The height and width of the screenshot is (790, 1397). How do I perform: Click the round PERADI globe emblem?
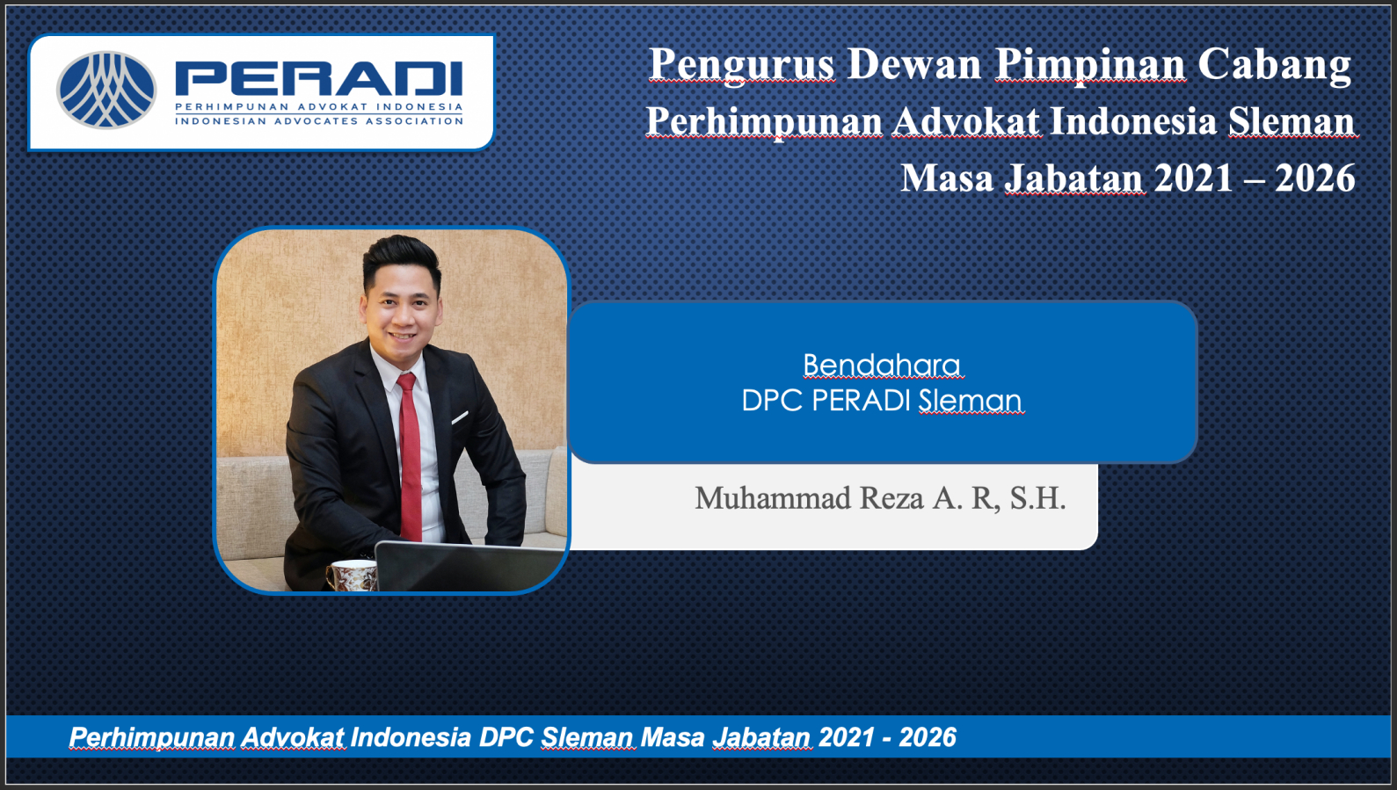point(106,90)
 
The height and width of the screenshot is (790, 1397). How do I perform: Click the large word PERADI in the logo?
point(318,78)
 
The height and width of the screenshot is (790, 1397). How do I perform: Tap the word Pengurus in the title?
point(741,65)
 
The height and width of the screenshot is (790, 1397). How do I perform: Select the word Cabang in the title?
point(1275,65)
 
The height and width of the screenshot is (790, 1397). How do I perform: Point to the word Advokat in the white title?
point(966,121)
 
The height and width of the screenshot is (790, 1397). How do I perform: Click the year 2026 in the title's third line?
point(1315,178)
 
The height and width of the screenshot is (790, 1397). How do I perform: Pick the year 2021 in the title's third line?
point(1194,178)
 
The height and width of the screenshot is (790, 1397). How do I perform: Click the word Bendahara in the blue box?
point(882,366)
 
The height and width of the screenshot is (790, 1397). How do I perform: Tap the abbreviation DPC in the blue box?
point(772,401)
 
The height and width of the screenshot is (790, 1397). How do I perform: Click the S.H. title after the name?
point(1037,498)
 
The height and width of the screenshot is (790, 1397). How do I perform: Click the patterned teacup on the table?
point(352,575)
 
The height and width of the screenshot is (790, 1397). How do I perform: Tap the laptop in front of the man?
point(469,566)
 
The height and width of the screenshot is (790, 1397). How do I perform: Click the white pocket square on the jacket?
point(460,417)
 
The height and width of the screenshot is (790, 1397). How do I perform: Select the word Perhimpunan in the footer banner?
point(152,737)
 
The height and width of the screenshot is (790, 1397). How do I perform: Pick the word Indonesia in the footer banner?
point(411,737)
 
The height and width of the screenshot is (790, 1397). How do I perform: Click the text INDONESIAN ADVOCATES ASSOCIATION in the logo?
point(318,121)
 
